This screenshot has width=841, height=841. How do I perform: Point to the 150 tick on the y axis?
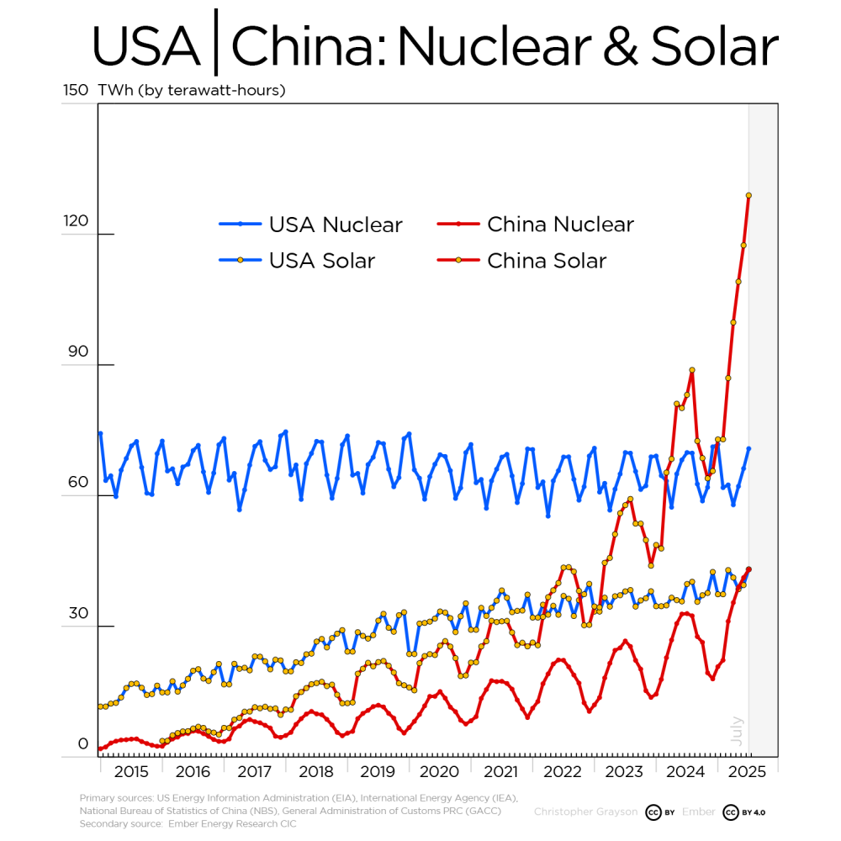pyautogui.click(x=76, y=90)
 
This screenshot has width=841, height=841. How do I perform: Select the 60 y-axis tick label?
pyautogui.click(x=77, y=483)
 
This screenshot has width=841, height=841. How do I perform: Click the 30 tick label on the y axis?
pyautogui.click(x=77, y=613)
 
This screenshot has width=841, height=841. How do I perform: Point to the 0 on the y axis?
pyautogui.click(x=82, y=743)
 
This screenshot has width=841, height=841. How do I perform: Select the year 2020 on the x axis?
pyautogui.click(x=438, y=771)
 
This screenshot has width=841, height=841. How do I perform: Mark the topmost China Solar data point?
pyautogui.click(x=748, y=195)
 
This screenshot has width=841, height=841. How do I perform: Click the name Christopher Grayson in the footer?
pyautogui.click(x=585, y=812)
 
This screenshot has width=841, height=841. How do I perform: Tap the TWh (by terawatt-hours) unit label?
pyautogui.click(x=192, y=90)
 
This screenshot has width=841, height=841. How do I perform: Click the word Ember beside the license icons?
pyautogui.click(x=699, y=812)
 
